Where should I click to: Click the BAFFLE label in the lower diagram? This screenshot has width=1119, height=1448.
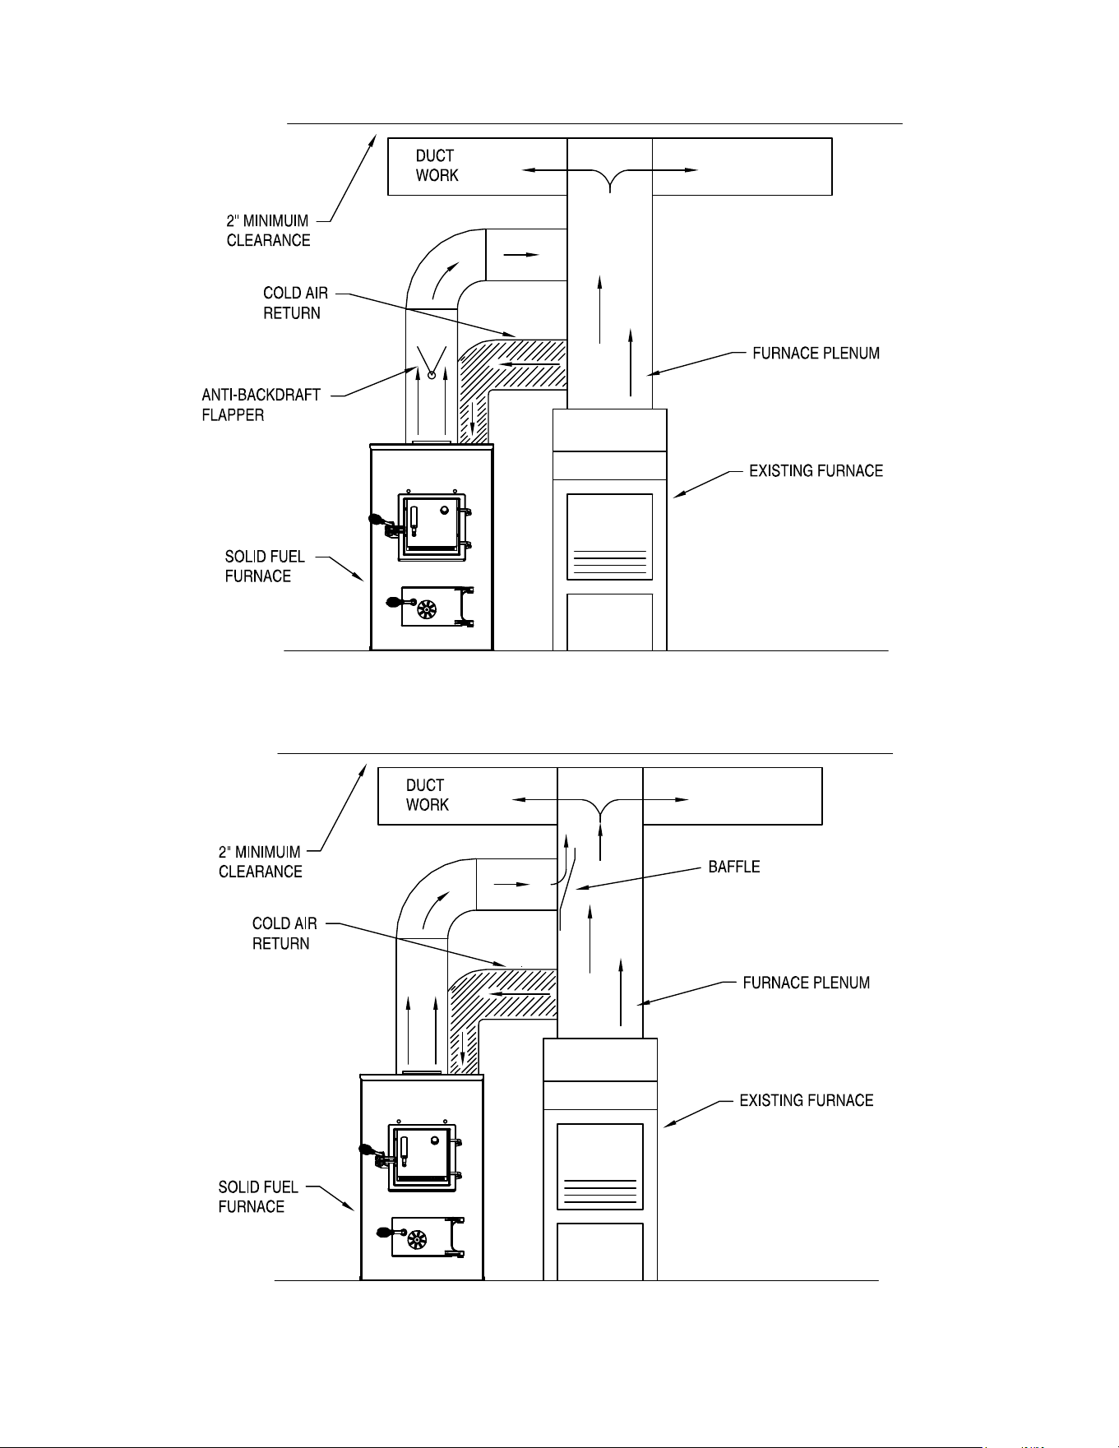[x=734, y=867]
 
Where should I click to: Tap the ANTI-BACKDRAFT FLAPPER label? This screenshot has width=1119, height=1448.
[x=261, y=405]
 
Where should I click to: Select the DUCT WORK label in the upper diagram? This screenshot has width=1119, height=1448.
[x=437, y=165]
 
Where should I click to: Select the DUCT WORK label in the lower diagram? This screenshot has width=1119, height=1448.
[x=427, y=795]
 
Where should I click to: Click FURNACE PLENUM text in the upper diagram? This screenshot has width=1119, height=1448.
[x=816, y=354]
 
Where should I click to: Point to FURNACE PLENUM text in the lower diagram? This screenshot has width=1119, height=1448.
[x=807, y=983]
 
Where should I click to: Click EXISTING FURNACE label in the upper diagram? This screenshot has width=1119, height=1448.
[x=816, y=471]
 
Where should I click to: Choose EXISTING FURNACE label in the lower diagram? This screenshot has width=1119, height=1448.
[x=807, y=1100]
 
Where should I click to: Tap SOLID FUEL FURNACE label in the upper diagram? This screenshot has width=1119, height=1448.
[x=265, y=567]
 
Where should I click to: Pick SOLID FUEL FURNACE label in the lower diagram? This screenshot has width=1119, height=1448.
[x=258, y=1196]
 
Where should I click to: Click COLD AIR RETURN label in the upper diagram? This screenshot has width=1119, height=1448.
[x=295, y=303]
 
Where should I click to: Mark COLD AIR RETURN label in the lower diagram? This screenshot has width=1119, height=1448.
[x=284, y=933]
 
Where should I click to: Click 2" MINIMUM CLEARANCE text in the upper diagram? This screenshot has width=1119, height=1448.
[x=268, y=230]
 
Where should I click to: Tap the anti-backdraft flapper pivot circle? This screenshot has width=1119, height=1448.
[x=431, y=376]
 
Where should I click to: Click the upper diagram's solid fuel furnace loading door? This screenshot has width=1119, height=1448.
[x=432, y=526]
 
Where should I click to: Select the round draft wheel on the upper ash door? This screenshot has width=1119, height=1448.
[x=426, y=609]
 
